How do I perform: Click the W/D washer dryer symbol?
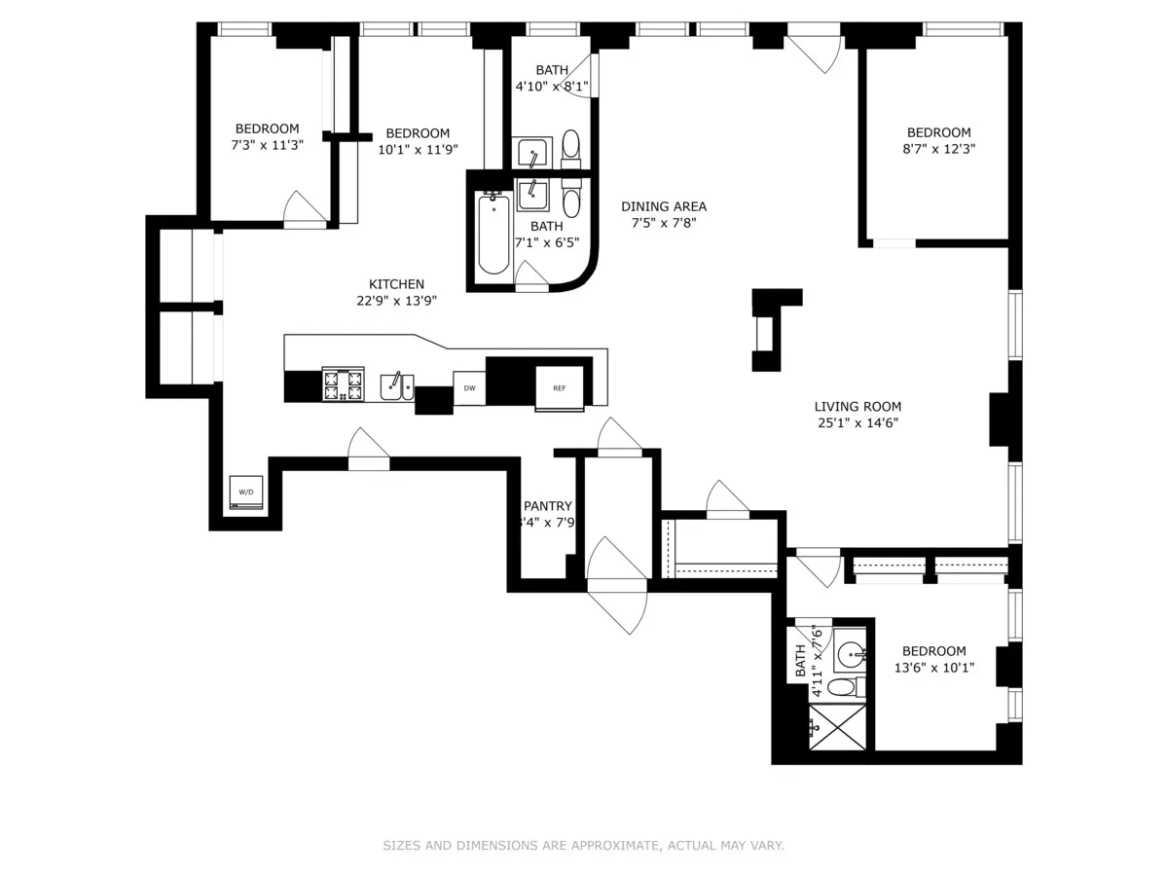point(245,493)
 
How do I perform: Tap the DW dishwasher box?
point(469,388)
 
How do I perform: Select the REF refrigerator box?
point(560,388)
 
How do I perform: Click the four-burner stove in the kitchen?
point(343,384)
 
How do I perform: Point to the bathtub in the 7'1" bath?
point(493,235)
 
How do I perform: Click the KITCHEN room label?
point(396,284)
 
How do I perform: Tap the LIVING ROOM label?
point(858,407)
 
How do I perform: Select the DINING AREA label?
point(664,206)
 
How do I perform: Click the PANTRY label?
point(547,506)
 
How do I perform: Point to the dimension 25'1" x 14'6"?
point(858,423)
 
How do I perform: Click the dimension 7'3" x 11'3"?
point(267,145)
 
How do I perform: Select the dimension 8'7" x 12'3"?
point(938,149)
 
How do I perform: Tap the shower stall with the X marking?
point(837,727)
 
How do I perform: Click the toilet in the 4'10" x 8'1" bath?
point(571,146)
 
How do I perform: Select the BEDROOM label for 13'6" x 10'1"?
point(933,651)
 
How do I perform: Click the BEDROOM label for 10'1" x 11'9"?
point(418,133)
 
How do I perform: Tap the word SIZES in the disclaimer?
point(401,846)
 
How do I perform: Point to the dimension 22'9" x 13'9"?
point(396,301)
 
